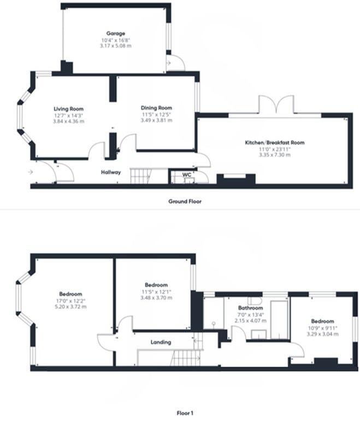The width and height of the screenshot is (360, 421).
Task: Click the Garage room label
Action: click(116, 33)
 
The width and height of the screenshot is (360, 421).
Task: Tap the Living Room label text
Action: click(68, 109)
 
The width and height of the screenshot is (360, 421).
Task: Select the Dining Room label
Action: click(156, 108)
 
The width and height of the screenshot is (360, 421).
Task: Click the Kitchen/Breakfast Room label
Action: click(274, 143)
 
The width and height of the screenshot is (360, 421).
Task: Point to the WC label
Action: click(186, 175)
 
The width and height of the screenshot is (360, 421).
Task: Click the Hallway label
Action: click(110, 172)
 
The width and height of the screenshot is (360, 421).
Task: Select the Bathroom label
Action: click(250, 308)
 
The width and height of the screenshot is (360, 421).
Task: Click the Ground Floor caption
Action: click(185, 201)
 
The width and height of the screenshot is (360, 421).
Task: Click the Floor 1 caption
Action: click(185, 413)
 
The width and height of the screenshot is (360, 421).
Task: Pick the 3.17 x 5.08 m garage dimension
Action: click(116, 46)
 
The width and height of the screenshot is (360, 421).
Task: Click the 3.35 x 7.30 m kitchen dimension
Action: click(274, 155)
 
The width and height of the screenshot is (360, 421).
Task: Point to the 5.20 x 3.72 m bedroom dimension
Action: click(71, 307)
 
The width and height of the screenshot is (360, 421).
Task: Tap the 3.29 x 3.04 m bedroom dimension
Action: click(322, 333)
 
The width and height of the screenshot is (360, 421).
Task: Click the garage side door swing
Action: click(176, 63)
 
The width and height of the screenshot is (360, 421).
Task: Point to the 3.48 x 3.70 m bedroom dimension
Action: click(156, 298)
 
